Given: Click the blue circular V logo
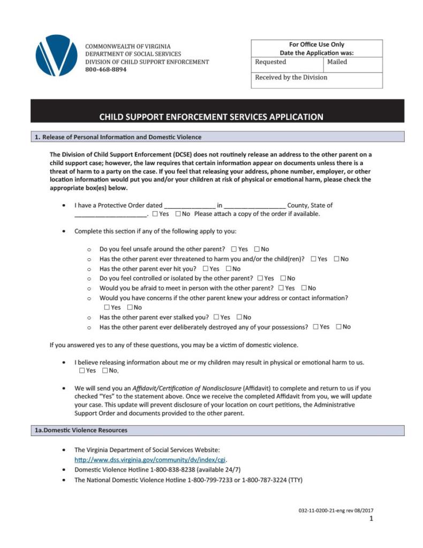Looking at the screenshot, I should pos(56,55).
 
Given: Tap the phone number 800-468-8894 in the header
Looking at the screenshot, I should pos(106,70).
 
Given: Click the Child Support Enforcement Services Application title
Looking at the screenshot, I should pos(211,117).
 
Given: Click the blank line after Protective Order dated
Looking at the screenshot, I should pos(190,205).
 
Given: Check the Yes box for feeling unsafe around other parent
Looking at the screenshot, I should pos(234,249).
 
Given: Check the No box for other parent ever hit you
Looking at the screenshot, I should pos(229,269).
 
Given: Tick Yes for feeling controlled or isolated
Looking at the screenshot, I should pos(260,279).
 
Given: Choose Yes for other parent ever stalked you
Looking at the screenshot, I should pos(216,317).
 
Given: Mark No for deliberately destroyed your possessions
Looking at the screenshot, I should pos(339,327).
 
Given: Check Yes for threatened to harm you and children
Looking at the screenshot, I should pos(313,259).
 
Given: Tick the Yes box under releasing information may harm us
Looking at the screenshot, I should pos(82,371).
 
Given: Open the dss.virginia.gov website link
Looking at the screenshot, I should pos(150,460).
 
